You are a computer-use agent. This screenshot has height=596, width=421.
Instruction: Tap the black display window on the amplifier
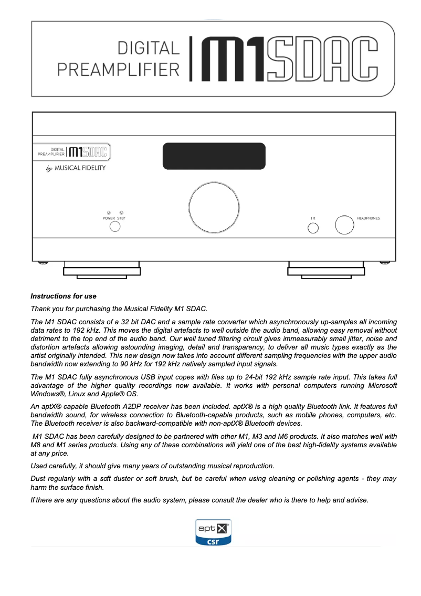click(214, 156)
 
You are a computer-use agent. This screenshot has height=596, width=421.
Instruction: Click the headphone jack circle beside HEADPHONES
click(344, 224)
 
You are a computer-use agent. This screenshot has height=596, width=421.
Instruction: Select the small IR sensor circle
click(313, 228)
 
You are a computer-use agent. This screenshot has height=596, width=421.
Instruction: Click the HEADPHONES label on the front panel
click(368, 218)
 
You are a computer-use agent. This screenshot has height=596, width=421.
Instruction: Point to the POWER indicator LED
click(108, 212)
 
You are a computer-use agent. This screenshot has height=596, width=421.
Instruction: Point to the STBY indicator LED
click(121, 212)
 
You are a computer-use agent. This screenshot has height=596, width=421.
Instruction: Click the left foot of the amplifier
click(101, 270)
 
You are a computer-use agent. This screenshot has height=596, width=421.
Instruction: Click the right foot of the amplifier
click(326, 270)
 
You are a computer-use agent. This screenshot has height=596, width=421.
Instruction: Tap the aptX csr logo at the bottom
click(213, 532)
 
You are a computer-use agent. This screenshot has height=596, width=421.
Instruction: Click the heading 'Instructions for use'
click(64, 296)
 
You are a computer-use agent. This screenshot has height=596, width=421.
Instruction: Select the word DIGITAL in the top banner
click(149, 48)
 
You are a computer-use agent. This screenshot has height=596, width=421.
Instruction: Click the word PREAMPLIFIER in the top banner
click(118, 69)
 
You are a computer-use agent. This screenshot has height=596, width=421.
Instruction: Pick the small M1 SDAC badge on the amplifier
click(72, 152)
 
